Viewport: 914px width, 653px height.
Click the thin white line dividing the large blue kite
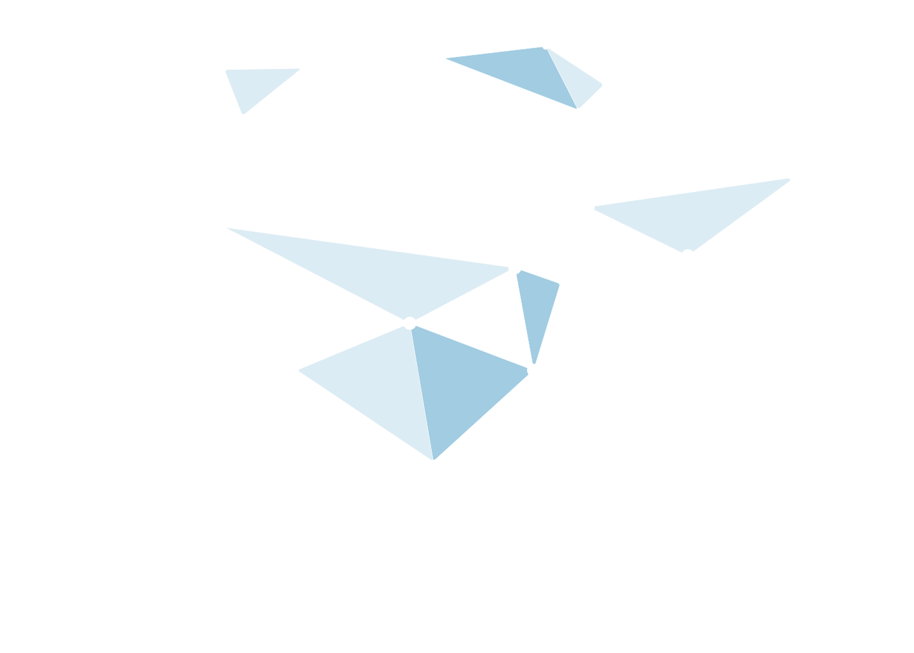point(422,392)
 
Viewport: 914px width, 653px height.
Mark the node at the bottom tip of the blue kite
point(433,462)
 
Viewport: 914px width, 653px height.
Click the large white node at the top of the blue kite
point(410,323)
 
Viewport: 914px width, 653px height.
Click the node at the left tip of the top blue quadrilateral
point(445,58)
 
